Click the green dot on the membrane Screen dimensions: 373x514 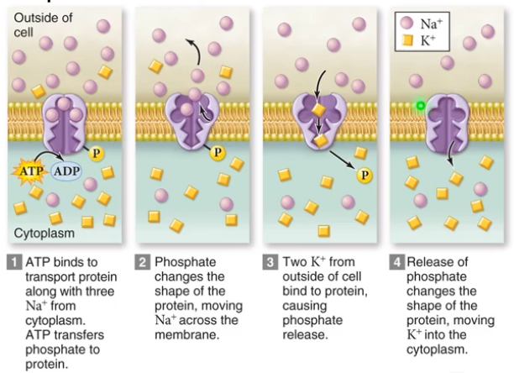(x=419, y=107)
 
